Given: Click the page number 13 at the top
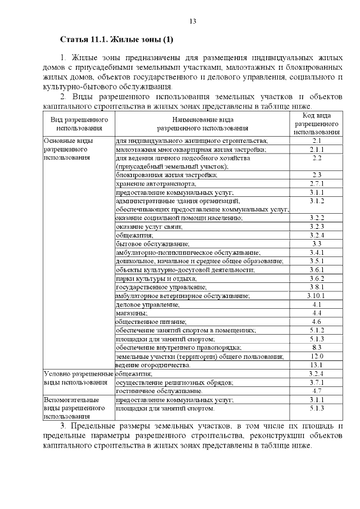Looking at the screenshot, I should (192, 21).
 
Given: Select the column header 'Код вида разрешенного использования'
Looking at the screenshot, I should (316, 124).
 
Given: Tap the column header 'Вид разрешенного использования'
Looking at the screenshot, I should (79, 124).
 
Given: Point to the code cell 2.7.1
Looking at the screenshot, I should (316, 184).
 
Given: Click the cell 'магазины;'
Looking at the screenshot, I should (132, 313).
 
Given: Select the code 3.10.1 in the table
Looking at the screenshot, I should (316, 295).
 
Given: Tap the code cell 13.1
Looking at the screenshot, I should (316, 365).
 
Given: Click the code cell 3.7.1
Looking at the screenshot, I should (316, 382).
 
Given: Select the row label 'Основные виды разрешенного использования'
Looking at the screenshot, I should (68, 149).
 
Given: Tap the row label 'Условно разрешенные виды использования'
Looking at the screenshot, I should (78, 378).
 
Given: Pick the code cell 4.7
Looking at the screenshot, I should (316, 391).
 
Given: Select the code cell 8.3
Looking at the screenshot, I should (316, 348).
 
